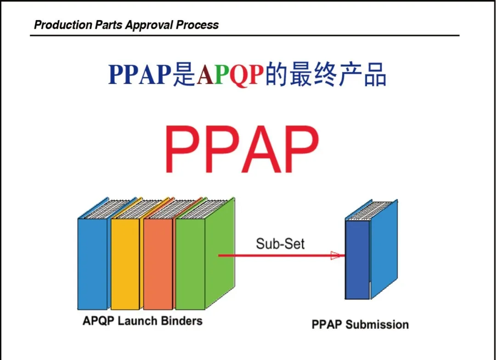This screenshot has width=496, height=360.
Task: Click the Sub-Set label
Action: click(x=280, y=243)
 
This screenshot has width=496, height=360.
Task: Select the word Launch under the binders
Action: click(x=138, y=321)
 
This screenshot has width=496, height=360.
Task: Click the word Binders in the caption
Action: click(x=181, y=321)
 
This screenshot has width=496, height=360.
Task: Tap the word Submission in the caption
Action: click(x=377, y=325)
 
